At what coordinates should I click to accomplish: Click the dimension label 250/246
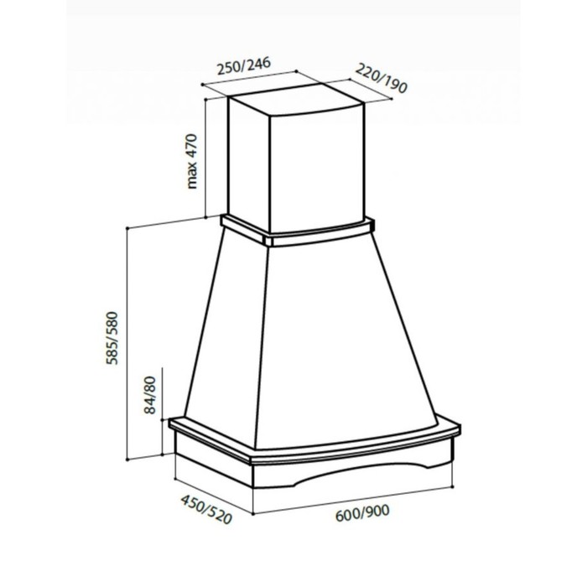pyautogui.click(x=244, y=66)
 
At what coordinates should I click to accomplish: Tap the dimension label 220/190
pyautogui.click(x=381, y=78)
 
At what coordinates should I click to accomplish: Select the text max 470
pyautogui.click(x=192, y=161)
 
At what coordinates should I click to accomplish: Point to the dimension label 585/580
pyautogui.click(x=112, y=338)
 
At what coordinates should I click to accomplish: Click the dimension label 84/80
pyautogui.click(x=150, y=395)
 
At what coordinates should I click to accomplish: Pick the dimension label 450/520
pyautogui.click(x=206, y=509)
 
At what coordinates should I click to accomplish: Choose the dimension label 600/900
pyautogui.click(x=362, y=513)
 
